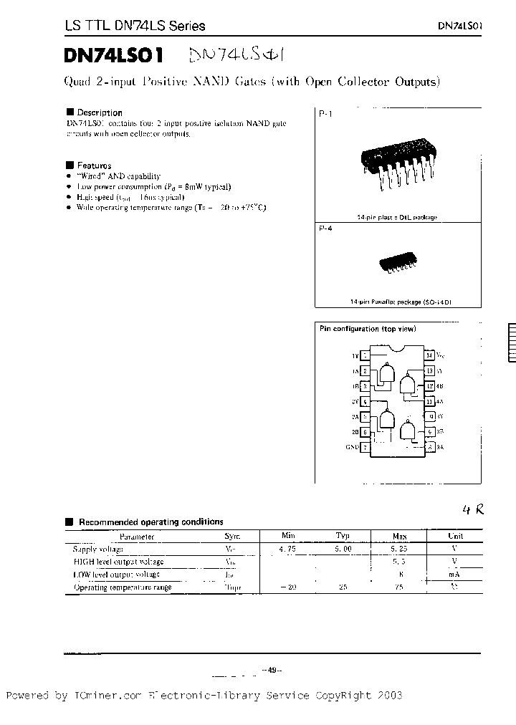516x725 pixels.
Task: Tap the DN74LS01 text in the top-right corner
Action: coord(460,25)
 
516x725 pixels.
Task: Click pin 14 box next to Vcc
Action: coord(429,355)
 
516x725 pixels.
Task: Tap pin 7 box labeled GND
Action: coord(365,448)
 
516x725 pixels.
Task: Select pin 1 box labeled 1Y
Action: coord(365,355)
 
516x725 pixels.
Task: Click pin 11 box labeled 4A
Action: coord(429,402)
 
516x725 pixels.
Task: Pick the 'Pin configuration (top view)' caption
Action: coord(367,329)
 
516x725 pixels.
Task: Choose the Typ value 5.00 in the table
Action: coord(343,549)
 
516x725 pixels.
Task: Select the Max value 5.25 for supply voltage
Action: coord(399,549)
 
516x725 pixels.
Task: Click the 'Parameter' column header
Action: coord(136,536)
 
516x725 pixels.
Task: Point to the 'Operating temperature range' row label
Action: coord(123,587)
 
